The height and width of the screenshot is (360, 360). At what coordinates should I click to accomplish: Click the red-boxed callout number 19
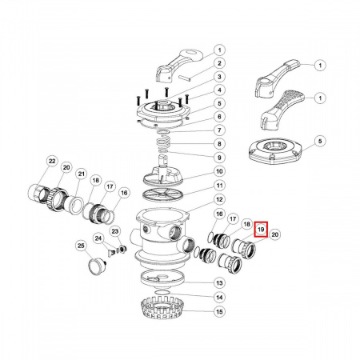coord(261,230)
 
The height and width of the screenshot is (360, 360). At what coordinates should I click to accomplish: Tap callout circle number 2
coord(219,63)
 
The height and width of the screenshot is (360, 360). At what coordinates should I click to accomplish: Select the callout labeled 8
coord(219,144)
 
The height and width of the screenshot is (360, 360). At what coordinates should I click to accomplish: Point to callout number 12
coord(219,199)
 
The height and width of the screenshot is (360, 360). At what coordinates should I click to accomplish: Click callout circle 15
coord(219,311)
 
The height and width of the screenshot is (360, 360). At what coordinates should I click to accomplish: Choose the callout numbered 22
coord(52,161)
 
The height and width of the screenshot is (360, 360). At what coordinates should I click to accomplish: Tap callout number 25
coord(81,246)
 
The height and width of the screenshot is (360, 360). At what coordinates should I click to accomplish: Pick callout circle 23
coord(114,231)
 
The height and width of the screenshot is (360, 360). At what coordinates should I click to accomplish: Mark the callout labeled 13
coord(219,282)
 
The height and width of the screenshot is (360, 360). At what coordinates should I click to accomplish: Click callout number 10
coord(219,171)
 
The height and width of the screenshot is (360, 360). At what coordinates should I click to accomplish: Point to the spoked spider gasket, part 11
coord(163,194)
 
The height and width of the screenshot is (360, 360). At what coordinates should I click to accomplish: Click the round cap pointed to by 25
coord(97,266)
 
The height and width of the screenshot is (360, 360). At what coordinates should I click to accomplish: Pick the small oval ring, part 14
coord(162,293)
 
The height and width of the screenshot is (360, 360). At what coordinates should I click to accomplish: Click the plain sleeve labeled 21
coord(74,205)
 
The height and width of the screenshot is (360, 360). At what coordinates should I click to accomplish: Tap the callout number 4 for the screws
coord(219,90)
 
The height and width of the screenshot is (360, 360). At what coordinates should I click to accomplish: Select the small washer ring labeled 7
coord(163,132)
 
